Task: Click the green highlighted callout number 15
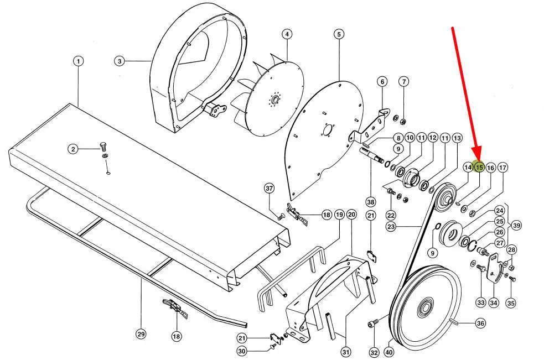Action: click(x=479, y=168)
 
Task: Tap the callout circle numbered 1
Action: click(x=79, y=61)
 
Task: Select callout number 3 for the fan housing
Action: click(x=120, y=61)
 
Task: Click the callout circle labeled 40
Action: click(x=389, y=352)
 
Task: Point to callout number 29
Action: click(x=141, y=335)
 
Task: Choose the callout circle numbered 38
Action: click(x=371, y=202)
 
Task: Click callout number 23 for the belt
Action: click(x=391, y=227)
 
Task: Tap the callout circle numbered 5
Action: click(x=339, y=34)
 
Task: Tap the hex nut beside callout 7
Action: click(x=403, y=122)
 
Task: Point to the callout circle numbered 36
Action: click(x=480, y=324)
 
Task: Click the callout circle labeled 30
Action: click(x=242, y=351)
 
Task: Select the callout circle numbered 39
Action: click(x=516, y=226)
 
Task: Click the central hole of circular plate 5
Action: click(x=327, y=131)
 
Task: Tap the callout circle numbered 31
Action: click(x=346, y=352)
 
